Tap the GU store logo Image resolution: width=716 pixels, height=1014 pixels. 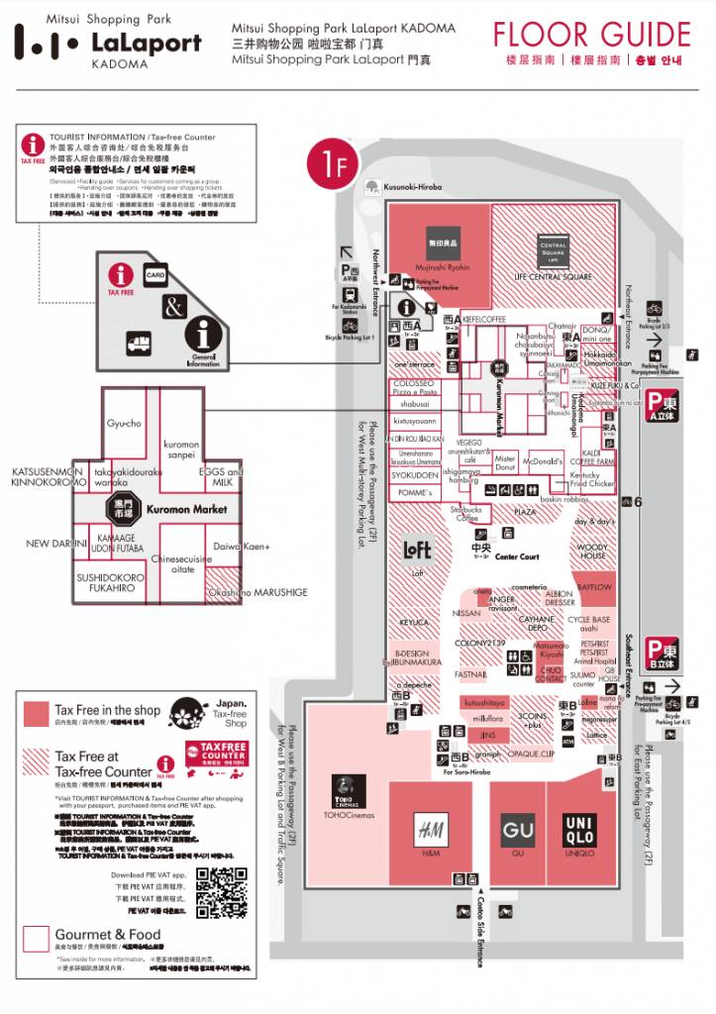(x=517, y=829)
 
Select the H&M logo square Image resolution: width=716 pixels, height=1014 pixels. (x=430, y=829)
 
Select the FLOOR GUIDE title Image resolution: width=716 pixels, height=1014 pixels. (x=592, y=35)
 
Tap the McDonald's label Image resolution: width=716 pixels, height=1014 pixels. (x=543, y=461)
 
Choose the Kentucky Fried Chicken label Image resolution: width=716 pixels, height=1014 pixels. (x=592, y=479)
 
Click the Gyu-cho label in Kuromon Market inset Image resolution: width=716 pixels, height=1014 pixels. (x=125, y=424)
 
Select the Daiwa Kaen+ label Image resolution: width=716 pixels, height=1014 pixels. (x=244, y=546)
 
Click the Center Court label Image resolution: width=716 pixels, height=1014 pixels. (x=517, y=557)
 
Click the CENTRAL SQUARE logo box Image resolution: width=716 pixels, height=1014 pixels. (x=553, y=250)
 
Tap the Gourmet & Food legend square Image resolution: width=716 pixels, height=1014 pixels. (x=37, y=938)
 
